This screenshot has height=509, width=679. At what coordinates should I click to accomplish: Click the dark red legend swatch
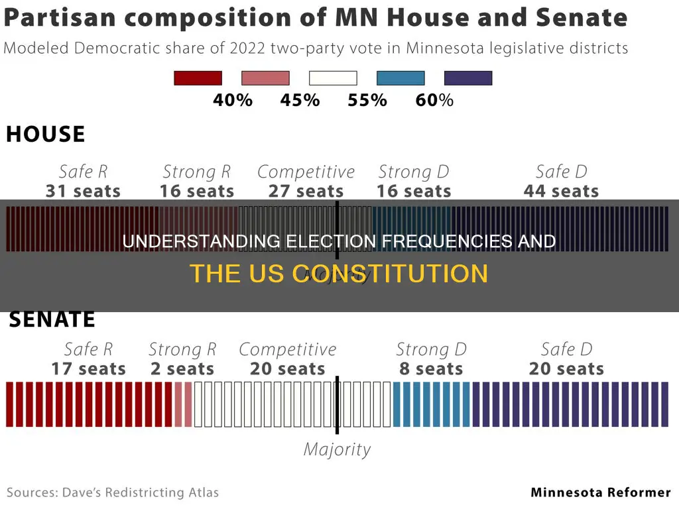click(x=198, y=78)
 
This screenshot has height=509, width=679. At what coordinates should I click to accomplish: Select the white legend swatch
click(x=333, y=78)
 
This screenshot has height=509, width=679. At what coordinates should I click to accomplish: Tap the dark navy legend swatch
click(x=468, y=78)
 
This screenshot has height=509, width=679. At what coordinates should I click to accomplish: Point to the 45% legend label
click(x=300, y=101)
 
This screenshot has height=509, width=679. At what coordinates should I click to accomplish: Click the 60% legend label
click(x=434, y=101)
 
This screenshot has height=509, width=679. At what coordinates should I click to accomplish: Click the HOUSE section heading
click(x=46, y=135)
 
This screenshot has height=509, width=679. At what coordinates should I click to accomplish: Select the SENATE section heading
click(x=52, y=320)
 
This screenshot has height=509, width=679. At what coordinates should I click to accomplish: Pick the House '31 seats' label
click(x=83, y=192)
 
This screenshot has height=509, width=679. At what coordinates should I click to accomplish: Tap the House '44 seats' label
click(x=561, y=192)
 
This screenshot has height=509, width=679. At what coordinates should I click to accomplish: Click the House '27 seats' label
click(x=306, y=192)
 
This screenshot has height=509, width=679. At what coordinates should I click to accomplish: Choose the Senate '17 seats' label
click(x=88, y=369)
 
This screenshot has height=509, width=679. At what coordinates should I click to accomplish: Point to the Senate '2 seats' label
click(x=182, y=369)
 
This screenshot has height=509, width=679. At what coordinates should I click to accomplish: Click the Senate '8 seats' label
click(x=431, y=369)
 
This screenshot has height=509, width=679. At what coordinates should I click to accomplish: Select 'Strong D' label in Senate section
click(x=431, y=349)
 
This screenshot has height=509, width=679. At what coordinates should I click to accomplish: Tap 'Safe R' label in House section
click(x=83, y=172)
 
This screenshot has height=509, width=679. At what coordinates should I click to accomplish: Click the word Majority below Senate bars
click(x=337, y=449)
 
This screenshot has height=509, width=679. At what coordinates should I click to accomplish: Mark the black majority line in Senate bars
click(x=337, y=404)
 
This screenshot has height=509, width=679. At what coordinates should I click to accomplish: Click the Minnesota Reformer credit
click(x=601, y=492)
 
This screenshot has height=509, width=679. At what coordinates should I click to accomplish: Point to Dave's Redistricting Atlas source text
click(x=113, y=492)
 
